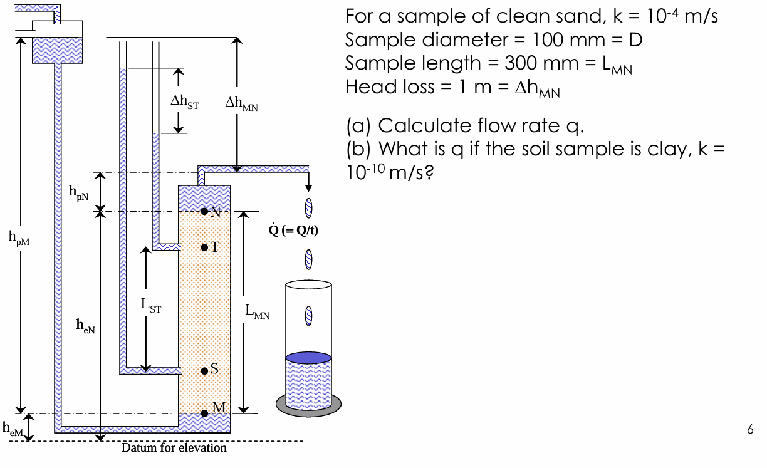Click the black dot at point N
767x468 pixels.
204,211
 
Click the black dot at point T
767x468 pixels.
204,247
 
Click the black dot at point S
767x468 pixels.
204,370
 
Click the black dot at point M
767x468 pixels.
204,413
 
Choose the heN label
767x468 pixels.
85,324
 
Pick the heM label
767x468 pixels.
12,429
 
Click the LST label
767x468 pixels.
150,305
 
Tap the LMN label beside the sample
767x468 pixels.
258,311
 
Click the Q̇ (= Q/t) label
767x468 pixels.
293,230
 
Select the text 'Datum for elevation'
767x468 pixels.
174,448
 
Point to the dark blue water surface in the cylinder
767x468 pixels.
308,358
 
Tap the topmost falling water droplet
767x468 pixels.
308,207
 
